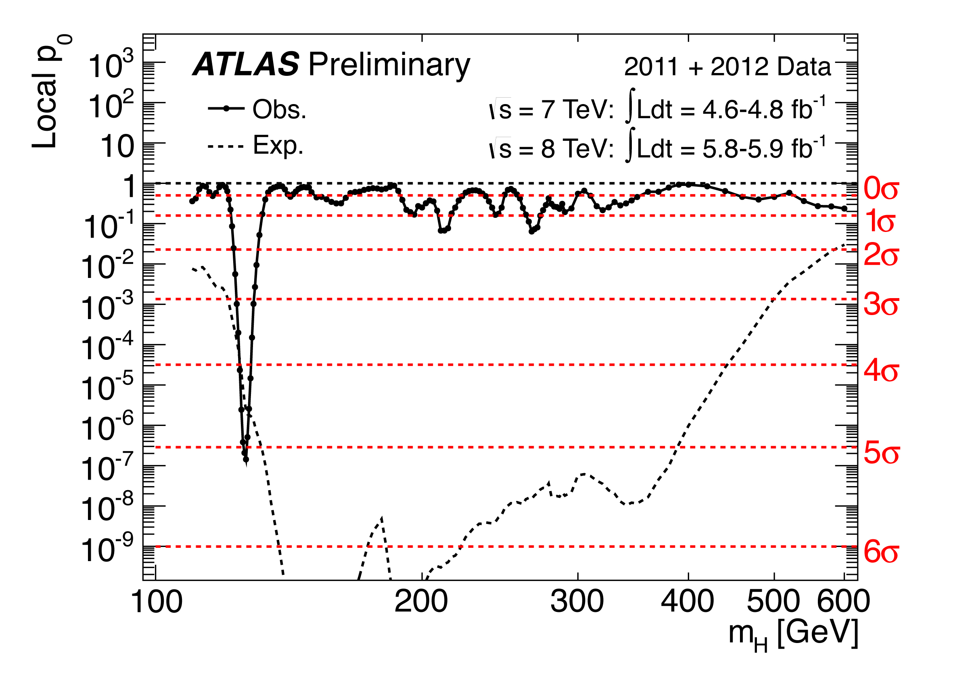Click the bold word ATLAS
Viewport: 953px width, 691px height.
(x=246, y=65)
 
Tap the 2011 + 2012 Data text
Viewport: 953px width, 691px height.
(x=727, y=67)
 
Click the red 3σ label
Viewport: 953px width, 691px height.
(x=881, y=305)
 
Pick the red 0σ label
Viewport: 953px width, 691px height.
(x=881, y=189)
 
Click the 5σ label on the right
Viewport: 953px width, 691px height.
(x=881, y=454)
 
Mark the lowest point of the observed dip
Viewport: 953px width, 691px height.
(x=246, y=459)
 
